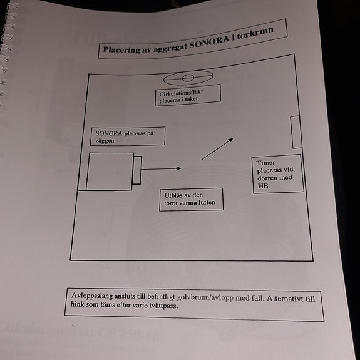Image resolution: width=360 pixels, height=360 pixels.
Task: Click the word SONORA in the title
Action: pos(209,42)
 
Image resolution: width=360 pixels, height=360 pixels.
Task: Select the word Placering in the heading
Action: pos(121,50)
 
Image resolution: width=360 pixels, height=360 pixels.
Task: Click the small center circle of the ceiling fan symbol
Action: pos(188,78)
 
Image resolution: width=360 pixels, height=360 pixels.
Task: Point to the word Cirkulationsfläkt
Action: pos(181,93)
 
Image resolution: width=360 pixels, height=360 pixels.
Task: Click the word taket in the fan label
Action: pos(191,99)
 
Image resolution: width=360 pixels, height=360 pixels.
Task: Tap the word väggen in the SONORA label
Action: pos(105,141)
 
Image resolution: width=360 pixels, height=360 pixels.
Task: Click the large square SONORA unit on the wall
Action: pos(110,172)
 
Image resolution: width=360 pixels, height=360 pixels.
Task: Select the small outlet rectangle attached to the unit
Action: pos(137,170)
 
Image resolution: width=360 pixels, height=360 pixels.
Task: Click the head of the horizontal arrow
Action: pos(178,168)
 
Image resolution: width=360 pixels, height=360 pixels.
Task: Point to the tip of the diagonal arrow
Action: pos(233,138)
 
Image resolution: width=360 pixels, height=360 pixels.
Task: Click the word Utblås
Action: pos(172,195)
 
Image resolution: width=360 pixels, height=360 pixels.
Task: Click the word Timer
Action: pos(265,163)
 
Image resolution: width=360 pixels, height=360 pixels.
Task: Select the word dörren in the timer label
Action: pos(267,178)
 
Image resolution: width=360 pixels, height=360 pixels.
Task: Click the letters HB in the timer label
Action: pos(263,186)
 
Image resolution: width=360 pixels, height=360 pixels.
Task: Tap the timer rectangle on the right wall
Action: pos(296,132)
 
